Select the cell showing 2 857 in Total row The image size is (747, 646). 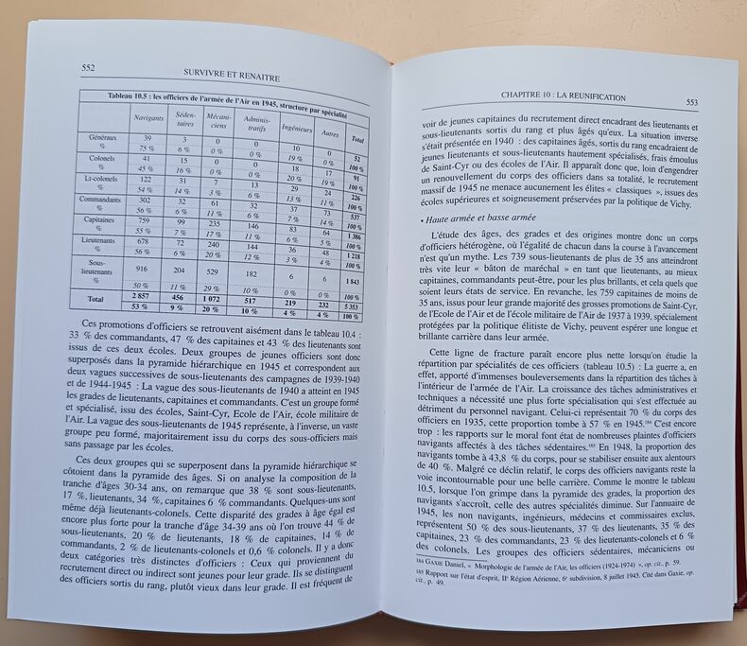click(143, 295)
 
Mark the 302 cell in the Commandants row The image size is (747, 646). click(145, 201)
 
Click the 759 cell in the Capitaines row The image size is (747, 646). click(144, 220)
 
